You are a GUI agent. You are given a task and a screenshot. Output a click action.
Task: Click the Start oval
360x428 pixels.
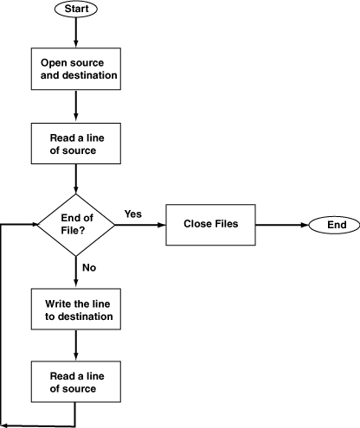(x=76, y=9)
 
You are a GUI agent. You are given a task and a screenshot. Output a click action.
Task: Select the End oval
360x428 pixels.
(x=334, y=225)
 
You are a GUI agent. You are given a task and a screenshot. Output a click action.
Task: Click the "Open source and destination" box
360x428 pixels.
(x=76, y=69)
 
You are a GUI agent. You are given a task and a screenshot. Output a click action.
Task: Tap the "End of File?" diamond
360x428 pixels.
(x=76, y=225)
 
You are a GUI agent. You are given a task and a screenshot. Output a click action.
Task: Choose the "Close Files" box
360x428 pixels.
(x=210, y=225)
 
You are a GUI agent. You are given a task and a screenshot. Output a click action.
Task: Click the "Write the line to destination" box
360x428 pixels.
(x=76, y=309)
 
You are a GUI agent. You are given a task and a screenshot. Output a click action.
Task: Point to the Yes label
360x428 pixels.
(x=133, y=214)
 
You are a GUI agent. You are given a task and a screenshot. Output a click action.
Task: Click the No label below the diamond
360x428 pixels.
(x=89, y=267)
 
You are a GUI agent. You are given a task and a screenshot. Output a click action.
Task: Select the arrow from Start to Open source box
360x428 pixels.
(x=76, y=32)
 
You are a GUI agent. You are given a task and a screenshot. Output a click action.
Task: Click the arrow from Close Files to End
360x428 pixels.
(x=282, y=225)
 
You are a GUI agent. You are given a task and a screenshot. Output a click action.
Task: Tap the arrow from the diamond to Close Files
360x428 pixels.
(x=140, y=225)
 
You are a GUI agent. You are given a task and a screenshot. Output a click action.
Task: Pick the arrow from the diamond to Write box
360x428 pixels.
(x=76, y=272)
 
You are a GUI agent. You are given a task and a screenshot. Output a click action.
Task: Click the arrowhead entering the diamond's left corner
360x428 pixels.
(x=35, y=224)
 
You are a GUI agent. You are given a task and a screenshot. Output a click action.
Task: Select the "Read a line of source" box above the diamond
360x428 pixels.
(x=76, y=144)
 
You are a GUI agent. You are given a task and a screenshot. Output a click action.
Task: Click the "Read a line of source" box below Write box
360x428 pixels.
(x=76, y=381)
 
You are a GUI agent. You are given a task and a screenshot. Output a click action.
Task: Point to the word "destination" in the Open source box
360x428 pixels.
(x=90, y=75)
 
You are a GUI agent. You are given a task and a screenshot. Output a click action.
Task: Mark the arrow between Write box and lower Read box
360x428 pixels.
(x=76, y=345)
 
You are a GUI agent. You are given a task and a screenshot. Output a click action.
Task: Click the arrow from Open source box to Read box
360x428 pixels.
(x=76, y=106)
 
